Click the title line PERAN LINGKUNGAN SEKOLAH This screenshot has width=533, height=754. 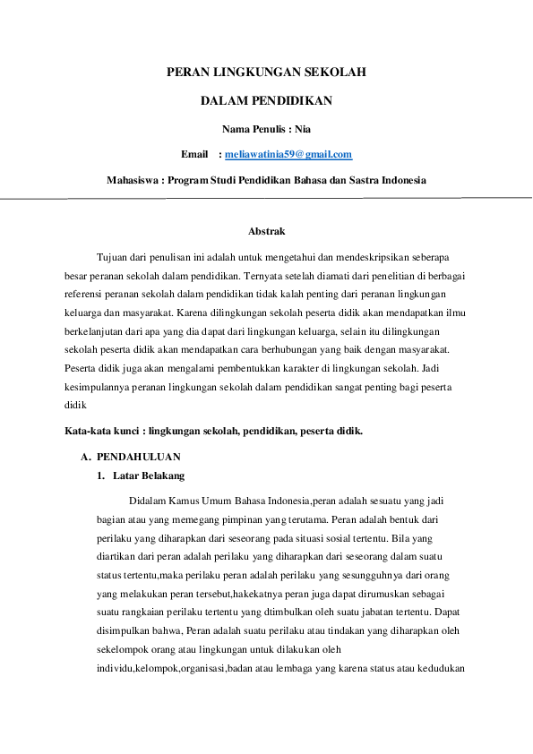pos(266,71)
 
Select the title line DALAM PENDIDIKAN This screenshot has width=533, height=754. pos(266,100)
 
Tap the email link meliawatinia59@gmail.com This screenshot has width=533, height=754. pos(288,154)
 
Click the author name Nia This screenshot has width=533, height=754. pos(303,128)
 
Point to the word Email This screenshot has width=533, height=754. pos(194,154)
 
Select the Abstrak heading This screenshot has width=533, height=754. pos(266,231)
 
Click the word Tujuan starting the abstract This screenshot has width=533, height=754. pos(115,257)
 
